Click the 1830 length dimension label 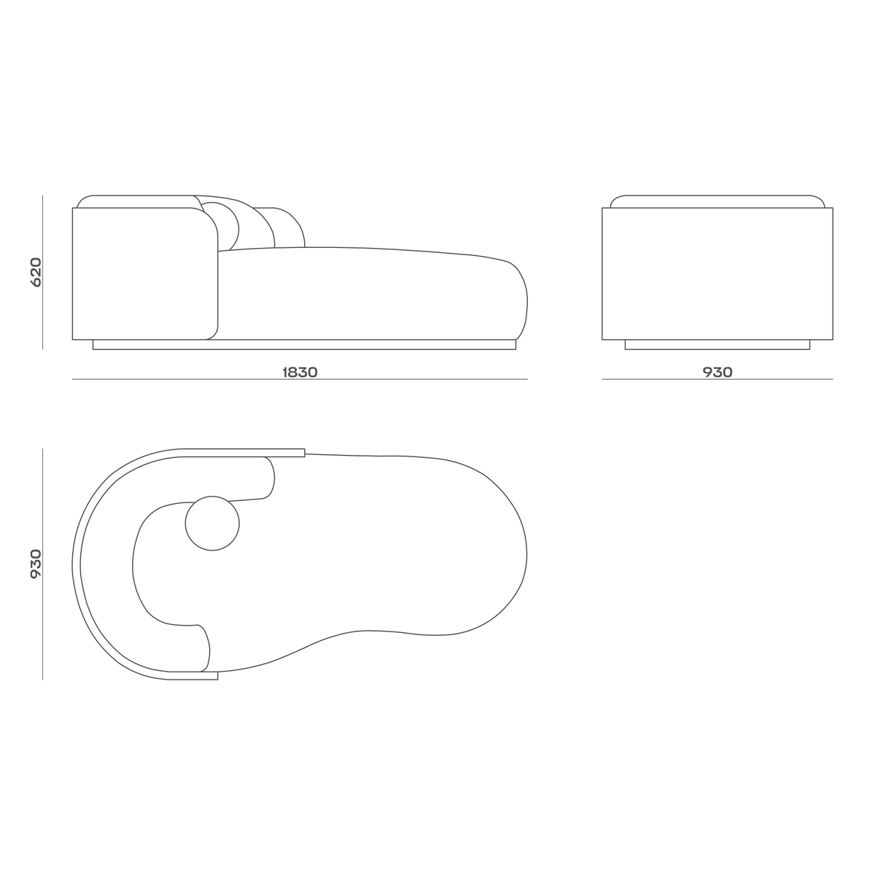[300, 372]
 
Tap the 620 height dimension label [36, 271]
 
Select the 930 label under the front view [717, 372]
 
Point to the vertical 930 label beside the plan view [36, 564]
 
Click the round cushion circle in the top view [212, 523]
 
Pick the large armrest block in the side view [144, 273]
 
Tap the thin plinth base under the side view [304, 345]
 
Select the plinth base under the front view [717, 345]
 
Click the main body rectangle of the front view [717, 273]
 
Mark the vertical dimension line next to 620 [43, 271]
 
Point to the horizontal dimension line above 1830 [300, 379]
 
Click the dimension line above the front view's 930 [717, 379]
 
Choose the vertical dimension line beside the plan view [43, 564]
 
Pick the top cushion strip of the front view [717, 201]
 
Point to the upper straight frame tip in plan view [292, 452]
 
